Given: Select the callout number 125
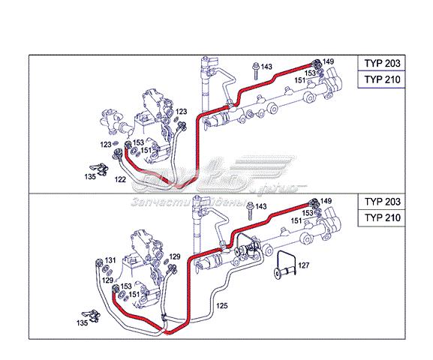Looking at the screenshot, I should coord(222,307).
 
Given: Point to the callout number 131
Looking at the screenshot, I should coord(110,260).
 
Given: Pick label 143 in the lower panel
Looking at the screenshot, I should coord(261,205).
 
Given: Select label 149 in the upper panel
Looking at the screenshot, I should coord(328,61).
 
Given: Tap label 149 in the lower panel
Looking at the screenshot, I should coord(327,201).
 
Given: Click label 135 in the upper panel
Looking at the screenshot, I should coord(89,177).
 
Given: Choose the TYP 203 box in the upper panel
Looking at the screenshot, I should coord(383,64).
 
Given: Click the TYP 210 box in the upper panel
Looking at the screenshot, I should coord(383,80).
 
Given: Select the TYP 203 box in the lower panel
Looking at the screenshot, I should coord(383,202).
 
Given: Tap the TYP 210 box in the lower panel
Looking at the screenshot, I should coord(383,218).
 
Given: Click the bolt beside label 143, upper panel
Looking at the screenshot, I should coord(256,69).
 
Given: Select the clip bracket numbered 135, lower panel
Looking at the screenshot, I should coord(93,313).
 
